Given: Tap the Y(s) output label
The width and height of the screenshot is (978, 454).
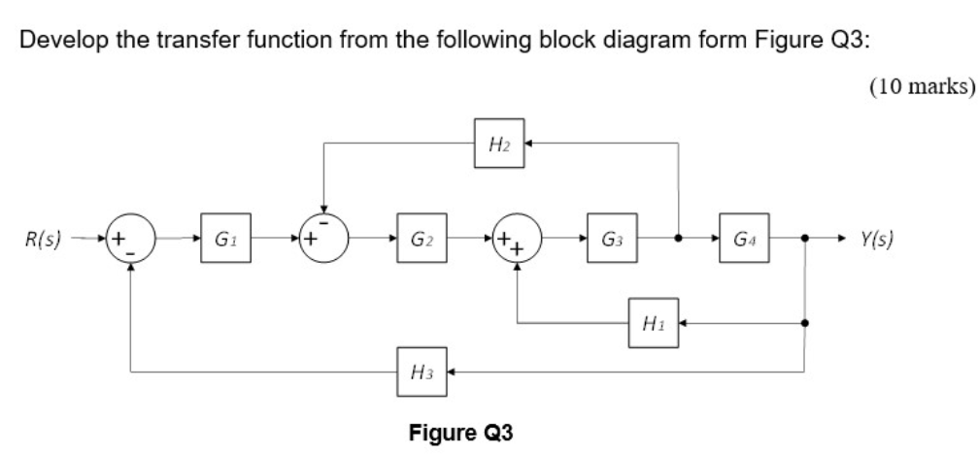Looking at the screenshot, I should tap(876, 239).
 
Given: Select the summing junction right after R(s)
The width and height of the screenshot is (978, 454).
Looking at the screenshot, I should tap(130, 239).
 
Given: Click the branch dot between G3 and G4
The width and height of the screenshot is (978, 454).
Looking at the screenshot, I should tap(677, 239).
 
